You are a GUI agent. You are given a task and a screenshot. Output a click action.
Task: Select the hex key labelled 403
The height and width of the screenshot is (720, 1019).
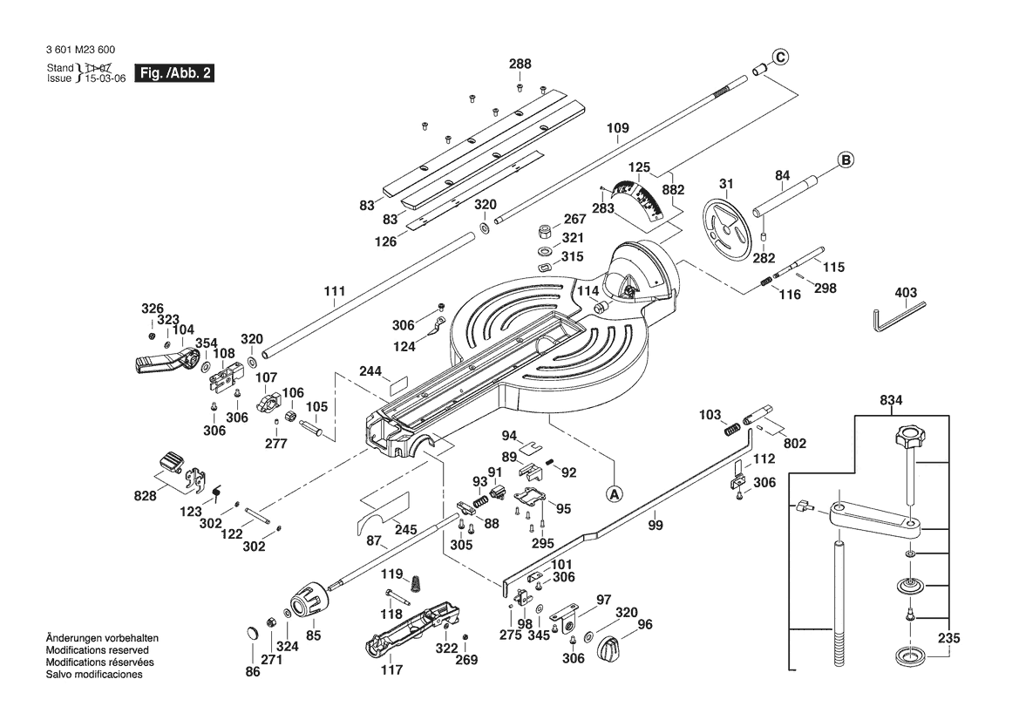(x=899, y=316)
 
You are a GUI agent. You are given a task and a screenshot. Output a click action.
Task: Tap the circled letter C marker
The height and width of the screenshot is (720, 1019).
(x=780, y=58)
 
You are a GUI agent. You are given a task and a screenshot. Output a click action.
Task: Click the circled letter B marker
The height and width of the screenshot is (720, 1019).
(x=846, y=160)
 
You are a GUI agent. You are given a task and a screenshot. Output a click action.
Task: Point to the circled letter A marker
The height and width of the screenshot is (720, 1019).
(x=615, y=492)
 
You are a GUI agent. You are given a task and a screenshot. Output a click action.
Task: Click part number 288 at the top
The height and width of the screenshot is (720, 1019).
(x=520, y=64)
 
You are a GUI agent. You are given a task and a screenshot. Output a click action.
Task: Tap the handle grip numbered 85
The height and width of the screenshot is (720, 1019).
(x=308, y=601)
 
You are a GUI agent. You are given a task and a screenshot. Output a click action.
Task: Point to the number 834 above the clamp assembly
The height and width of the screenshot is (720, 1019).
(x=892, y=401)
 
